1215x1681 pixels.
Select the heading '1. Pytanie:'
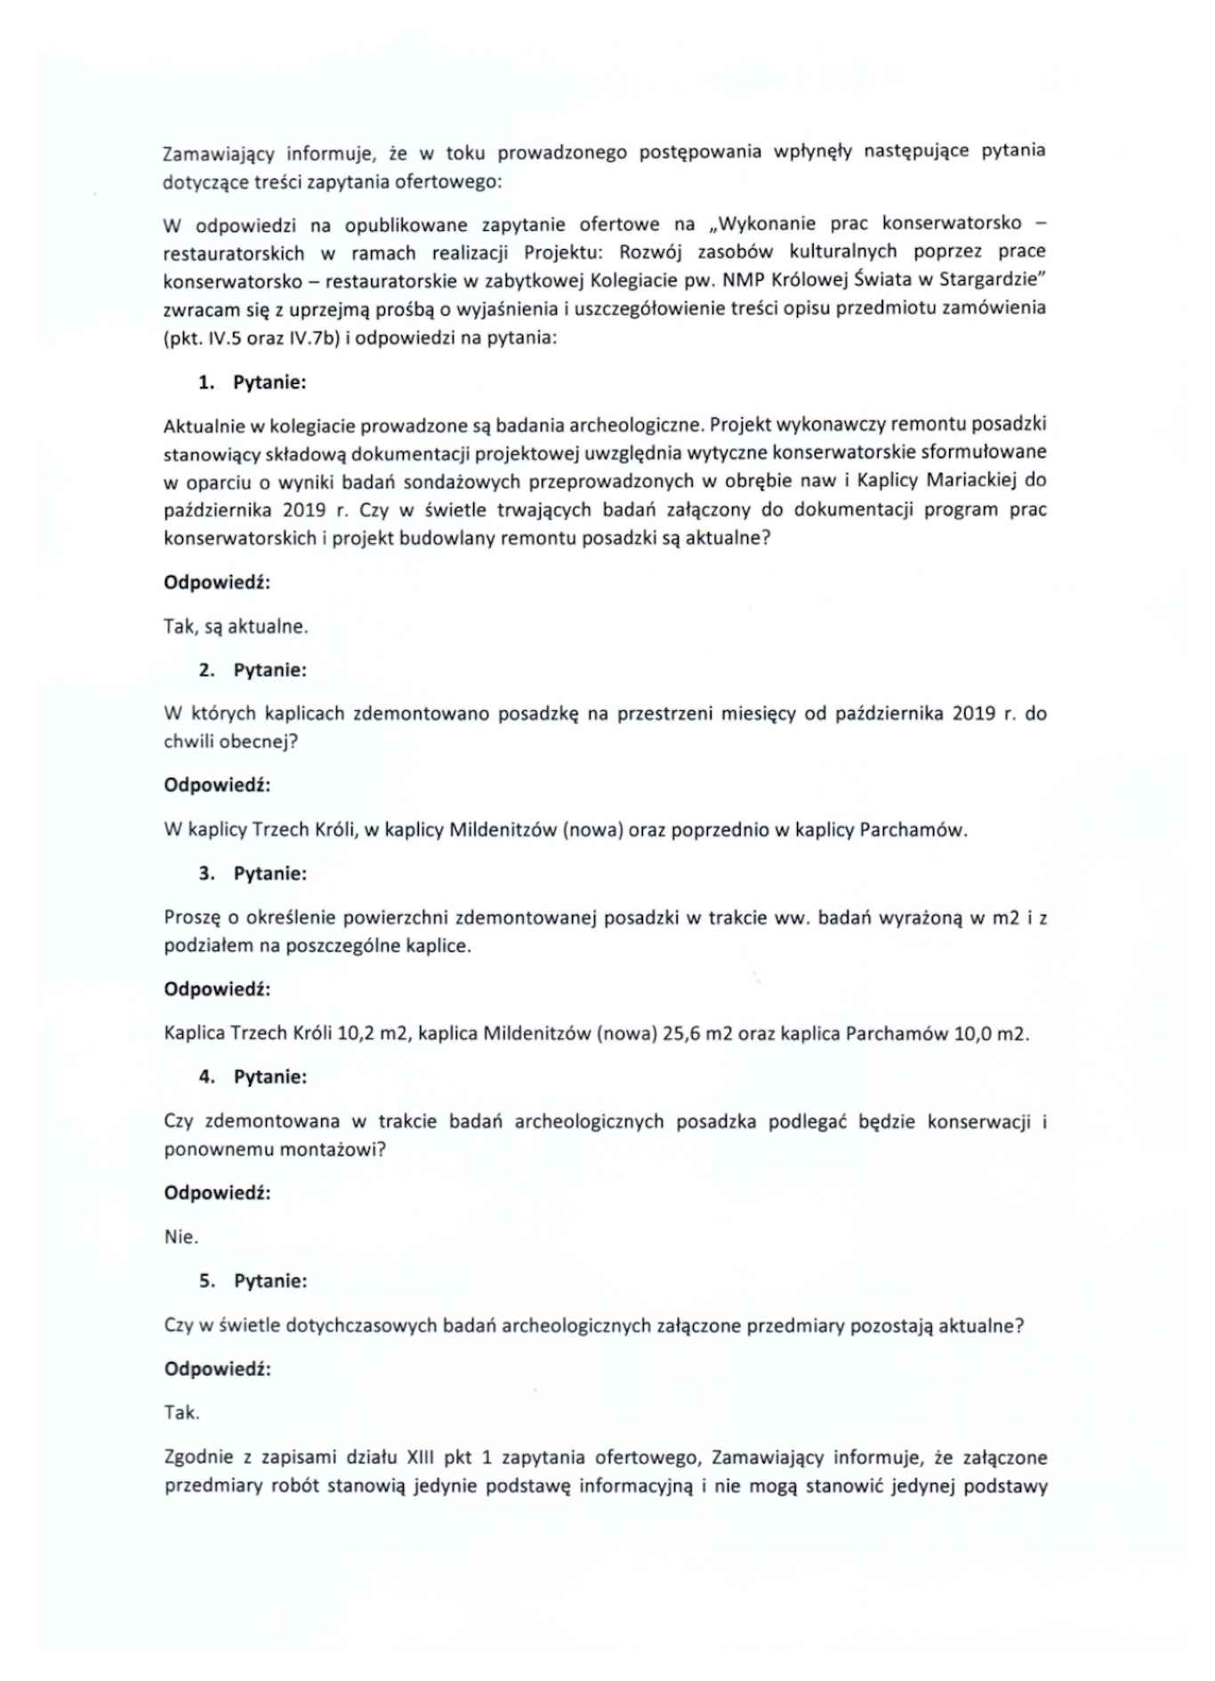pyautogui.click(x=252, y=382)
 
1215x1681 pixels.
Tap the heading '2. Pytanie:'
pyautogui.click(x=252, y=669)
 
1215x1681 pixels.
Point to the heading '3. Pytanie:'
pyautogui.click(x=252, y=873)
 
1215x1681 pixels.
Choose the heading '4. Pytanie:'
pyautogui.click(x=252, y=1077)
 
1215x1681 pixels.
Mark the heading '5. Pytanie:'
pyautogui.click(x=252, y=1280)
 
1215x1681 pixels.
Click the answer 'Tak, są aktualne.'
pyautogui.click(x=236, y=626)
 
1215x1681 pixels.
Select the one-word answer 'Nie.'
pyautogui.click(x=181, y=1236)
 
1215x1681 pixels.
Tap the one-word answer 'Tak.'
pyautogui.click(x=181, y=1412)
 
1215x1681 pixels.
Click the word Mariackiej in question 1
pyautogui.click(x=969, y=480)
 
